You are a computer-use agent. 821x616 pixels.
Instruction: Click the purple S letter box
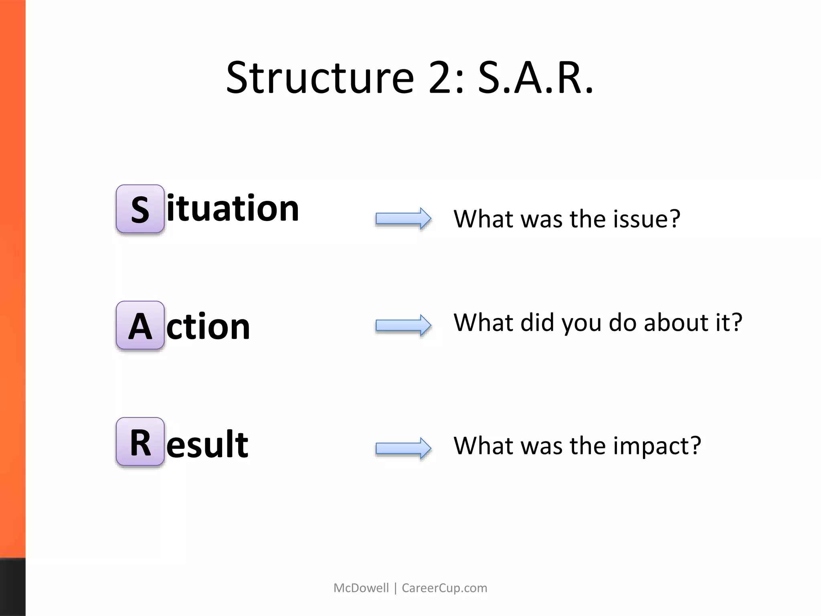(140, 209)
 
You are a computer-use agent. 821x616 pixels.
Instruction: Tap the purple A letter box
(140, 325)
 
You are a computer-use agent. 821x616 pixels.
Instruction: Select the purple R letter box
(140, 442)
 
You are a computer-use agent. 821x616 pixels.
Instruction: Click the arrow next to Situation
(403, 219)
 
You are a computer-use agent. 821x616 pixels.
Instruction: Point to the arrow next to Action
(403, 325)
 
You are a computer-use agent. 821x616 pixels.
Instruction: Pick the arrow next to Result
(403, 448)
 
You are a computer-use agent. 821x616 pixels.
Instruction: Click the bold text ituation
(233, 208)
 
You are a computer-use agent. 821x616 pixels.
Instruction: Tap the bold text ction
(208, 326)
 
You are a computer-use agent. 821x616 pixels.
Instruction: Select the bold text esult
(207, 444)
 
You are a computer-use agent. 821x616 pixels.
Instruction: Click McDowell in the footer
(361, 588)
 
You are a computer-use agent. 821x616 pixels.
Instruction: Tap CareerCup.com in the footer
(444, 588)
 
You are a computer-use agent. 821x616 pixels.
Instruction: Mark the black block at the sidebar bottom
(12, 587)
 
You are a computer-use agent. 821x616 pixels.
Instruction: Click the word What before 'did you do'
(483, 323)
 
